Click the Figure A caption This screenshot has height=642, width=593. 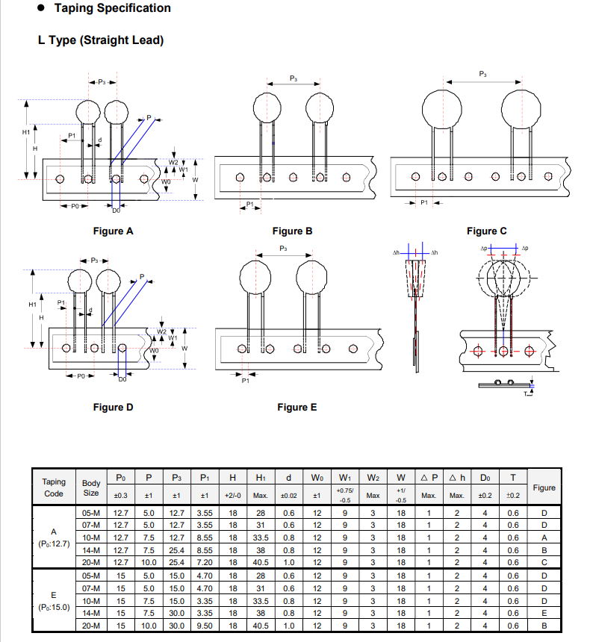(113, 231)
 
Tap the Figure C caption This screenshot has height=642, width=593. (486, 231)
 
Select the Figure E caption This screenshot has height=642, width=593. (297, 408)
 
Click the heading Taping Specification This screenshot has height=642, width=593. (112, 8)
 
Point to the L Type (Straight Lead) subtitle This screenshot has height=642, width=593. (101, 40)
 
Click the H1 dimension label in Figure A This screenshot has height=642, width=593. (26, 132)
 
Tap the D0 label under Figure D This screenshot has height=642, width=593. (122, 379)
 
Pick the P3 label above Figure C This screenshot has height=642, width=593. (482, 74)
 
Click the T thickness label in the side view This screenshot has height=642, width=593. (526, 394)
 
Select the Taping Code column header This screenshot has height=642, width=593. (54, 487)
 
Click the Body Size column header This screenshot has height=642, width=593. (91, 487)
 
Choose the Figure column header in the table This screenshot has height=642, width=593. (544, 487)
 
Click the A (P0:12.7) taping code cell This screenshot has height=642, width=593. (54, 537)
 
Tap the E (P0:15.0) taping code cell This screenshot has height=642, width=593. (54, 601)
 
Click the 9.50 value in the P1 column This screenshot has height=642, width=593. (205, 626)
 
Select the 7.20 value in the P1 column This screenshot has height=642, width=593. (205, 562)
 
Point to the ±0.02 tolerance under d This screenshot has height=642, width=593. (289, 496)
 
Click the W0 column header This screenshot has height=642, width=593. (317, 478)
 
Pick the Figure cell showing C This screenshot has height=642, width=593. (544, 562)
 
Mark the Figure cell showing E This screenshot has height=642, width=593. (544, 613)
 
